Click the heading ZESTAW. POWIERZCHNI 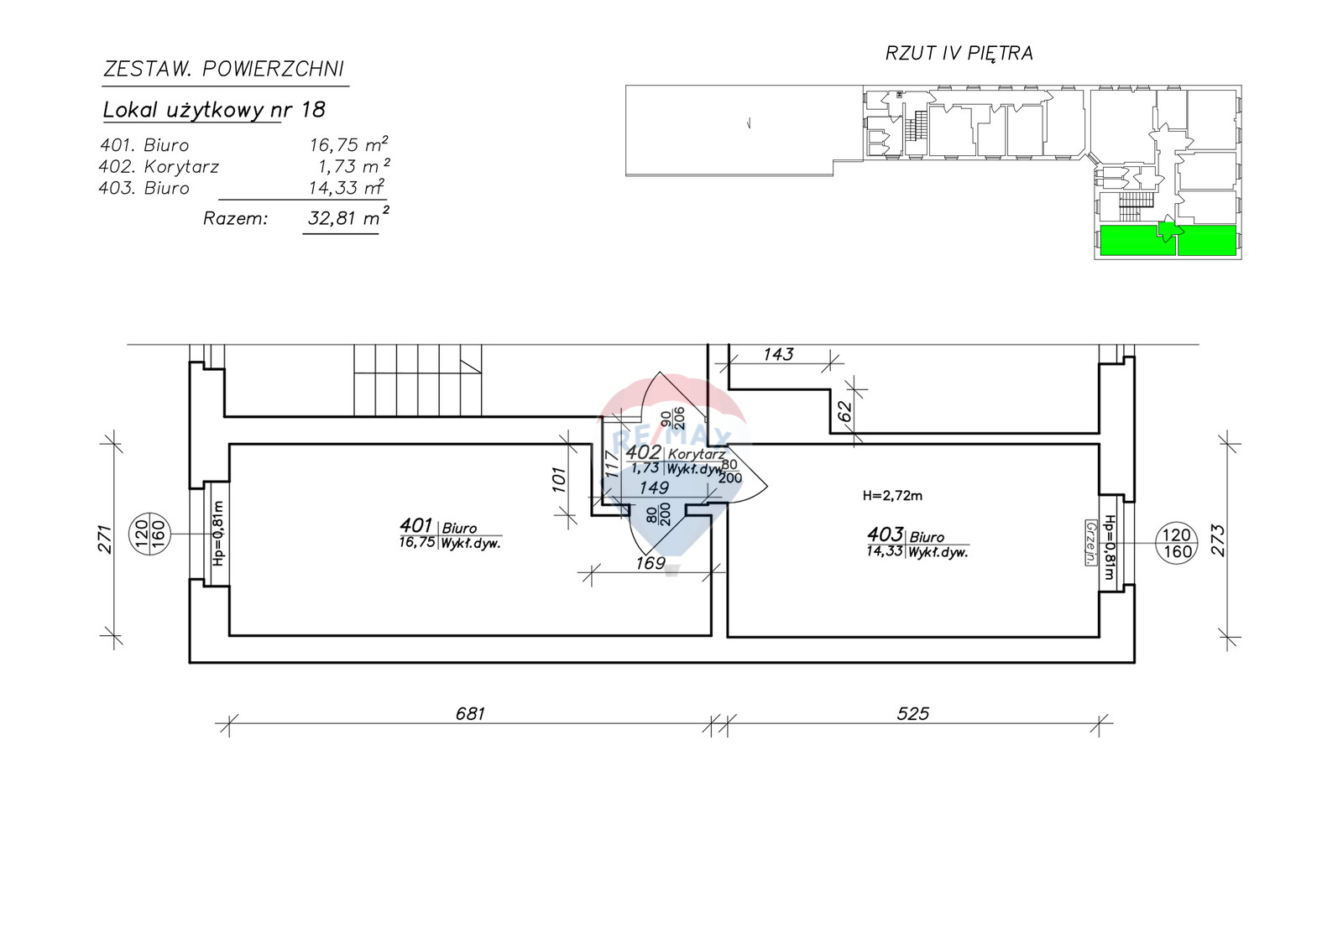point(223,70)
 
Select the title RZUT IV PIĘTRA point(959,54)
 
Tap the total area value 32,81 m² point(348,217)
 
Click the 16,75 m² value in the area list point(348,144)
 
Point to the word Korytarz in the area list point(181,167)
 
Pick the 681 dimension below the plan point(469,713)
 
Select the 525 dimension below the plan point(912,713)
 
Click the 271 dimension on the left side point(106,539)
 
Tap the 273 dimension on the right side point(1219,540)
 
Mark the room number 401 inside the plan point(415,526)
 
